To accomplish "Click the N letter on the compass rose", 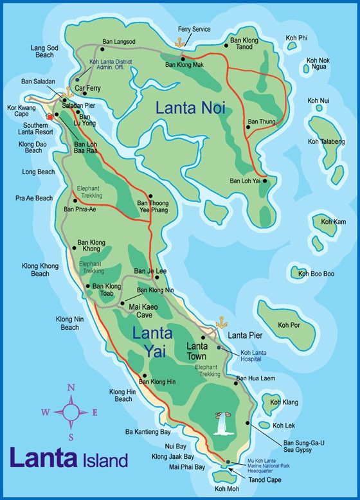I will click(72, 387).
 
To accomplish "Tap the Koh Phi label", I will click(297, 39).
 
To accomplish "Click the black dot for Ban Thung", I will click(246, 128).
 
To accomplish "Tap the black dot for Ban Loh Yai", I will click(265, 181).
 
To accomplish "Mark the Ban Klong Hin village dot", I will click(147, 376).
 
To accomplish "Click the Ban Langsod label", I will click(120, 41).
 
